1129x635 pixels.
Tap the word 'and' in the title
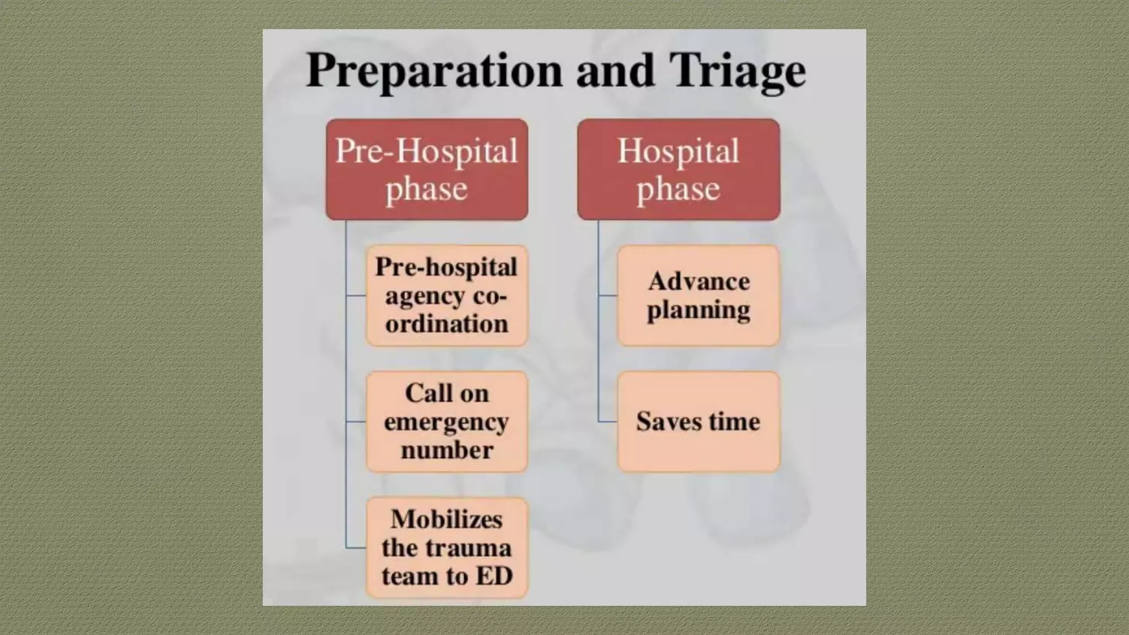coord(615,71)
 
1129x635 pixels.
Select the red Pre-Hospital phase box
coord(427,169)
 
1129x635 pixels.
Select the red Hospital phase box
coord(678,169)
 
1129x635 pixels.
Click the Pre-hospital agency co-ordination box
coord(447,295)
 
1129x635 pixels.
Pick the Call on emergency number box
coord(447,422)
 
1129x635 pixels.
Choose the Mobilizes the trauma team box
coord(447,548)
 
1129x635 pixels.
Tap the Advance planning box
coord(698,295)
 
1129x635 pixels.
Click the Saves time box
coord(698,422)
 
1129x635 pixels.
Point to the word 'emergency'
coord(447,423)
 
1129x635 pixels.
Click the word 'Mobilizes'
coord(447,519)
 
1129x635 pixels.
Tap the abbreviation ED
coord(494,577)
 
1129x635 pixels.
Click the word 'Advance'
coord(698,282)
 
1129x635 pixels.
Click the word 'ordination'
coord(447,324)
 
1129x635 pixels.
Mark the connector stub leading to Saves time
coord(608,422)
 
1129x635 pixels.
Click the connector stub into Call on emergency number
coord(356,422)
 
